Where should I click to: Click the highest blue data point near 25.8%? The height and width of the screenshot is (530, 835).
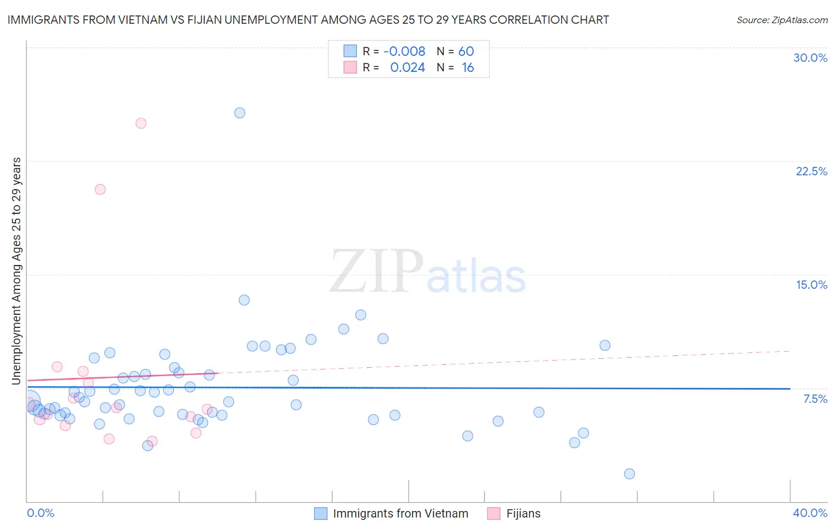click(239, 113)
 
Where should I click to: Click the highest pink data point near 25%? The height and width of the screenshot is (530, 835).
click(141, 124)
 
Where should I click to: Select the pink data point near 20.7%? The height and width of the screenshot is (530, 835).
click(100, 190)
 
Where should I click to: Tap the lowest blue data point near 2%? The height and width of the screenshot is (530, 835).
click(630, 474)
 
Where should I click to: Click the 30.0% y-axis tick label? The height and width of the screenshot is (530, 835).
click(810, 58)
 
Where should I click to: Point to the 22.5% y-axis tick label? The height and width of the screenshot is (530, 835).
click(811, 171)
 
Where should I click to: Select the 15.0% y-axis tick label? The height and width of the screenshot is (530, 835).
click(811, 285)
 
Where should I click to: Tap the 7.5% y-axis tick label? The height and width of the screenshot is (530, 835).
click(815, 399)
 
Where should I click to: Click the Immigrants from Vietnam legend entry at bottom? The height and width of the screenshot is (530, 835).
click(400, 514)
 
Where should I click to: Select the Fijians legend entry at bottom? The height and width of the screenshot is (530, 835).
click(523, 514)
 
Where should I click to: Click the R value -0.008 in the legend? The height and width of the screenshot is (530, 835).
click(404, 52)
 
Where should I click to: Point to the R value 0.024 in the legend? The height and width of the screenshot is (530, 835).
click(407, 68)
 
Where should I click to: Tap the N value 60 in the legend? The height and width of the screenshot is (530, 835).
click(466, 52)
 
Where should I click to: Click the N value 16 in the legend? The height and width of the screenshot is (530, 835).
click(467, 68)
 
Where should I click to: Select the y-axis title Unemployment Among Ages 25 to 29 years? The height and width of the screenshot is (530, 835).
click(17, 270)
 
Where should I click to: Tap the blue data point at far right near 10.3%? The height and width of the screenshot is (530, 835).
click(605, 345)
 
